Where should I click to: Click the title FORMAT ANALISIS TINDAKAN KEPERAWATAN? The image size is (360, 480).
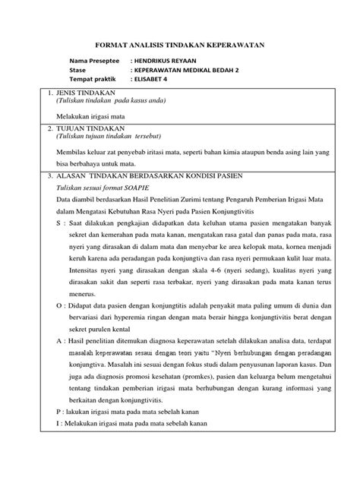(178, 45)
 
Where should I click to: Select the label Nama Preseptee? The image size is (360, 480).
(94, 60)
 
